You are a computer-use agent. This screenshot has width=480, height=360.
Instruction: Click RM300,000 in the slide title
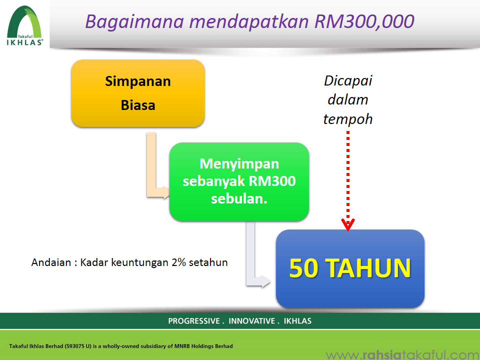pyautogui.click(x=364, y=21)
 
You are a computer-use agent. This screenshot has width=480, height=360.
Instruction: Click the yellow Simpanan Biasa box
pyautogui.click(x=138, y=93)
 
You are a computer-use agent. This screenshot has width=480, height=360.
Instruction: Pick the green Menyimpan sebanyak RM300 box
pyautogui.click(x=239, y=181)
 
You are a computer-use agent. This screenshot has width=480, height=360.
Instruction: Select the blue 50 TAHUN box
pyautogui.click(x=350, y=268)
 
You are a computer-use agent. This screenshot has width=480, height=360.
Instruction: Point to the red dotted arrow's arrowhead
pyautogui.click(x=348, y=225)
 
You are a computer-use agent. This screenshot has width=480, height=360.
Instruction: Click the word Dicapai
pyautogui.click(x=348, y=81)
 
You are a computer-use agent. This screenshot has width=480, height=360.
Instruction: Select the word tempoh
pyautogui.click(x=348, y=119)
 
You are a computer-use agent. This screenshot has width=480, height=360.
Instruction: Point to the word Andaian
pyautogui.click(x=51, y=262)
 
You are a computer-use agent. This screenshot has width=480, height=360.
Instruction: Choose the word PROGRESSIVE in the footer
pyautogui.click(x=194, y=321)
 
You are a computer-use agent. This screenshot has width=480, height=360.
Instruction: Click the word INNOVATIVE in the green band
pyautogui.click(x=251, y=321)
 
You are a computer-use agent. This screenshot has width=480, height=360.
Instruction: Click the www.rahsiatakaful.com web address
pyautogui.click(x=402, y=355)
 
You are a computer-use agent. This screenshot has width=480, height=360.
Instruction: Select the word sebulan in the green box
pyautogui.click(x=239, y=199)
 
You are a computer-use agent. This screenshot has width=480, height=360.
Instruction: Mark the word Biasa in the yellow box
pyautogui.click(x=138, y=105)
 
